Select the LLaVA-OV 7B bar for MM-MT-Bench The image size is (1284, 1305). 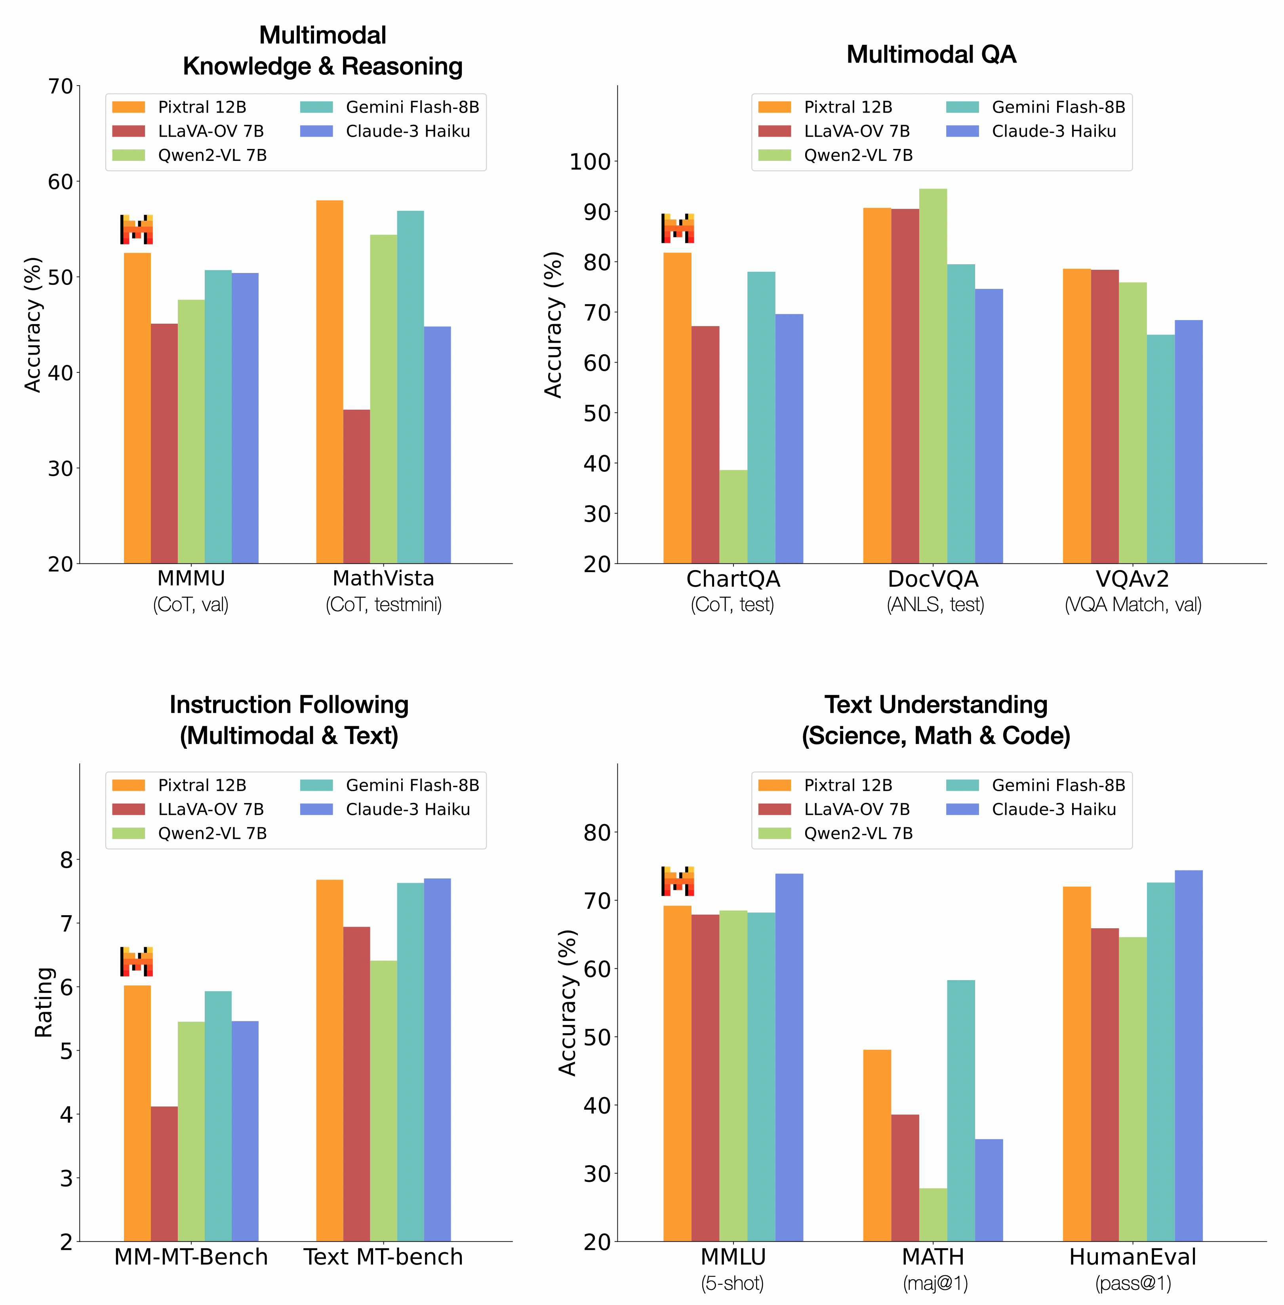pyautogui.click(x=164, y=1173)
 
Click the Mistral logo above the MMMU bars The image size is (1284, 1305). pyautogui.click(x=137, y=229)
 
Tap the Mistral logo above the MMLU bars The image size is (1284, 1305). pyautogui.click(x=678, y=881)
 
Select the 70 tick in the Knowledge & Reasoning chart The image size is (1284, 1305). pyautogui.click(x=61, y=86)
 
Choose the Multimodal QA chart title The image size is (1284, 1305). pyautogui.click(x=931, y=54)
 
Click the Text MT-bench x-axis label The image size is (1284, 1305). pyautogui.click(x=383, y=1256)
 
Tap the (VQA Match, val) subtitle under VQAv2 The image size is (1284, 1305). pyautogui.click(x=1133, y=604)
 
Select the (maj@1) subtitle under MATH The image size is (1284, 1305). pyautogui.click(x=935, y=1283)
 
